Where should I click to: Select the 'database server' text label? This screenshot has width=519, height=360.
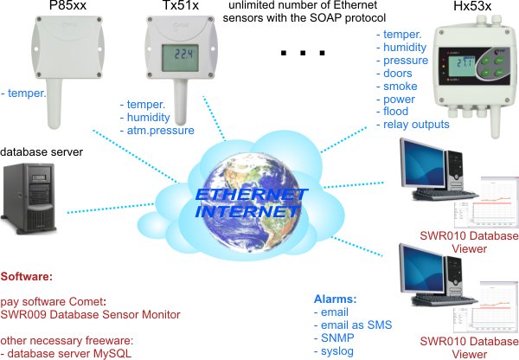[x=42, y=152]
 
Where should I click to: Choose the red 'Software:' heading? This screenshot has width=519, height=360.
[x=27, y=278]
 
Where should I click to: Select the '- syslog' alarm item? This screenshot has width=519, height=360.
[x=336, y=351]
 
